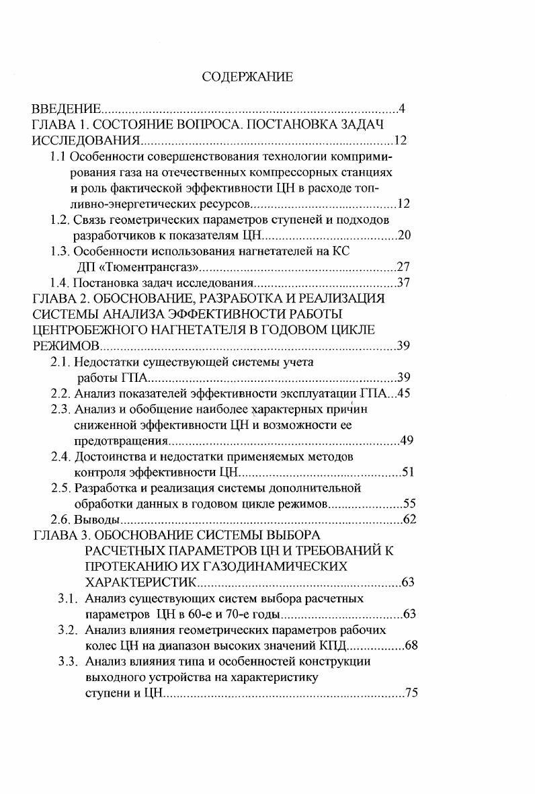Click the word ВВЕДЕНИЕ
coord(67,109)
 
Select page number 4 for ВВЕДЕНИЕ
coord(401,109)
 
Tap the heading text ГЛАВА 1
coord(59,125)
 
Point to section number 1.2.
coord(61,219)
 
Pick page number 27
coord(403,266)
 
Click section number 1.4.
coord(61,282)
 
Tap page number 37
coord(403,282)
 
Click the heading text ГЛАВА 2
coord(59,299)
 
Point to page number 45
coord(403,394)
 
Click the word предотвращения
coord(121,441)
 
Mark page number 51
coord(407,473)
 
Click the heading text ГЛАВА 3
coord(59,535)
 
